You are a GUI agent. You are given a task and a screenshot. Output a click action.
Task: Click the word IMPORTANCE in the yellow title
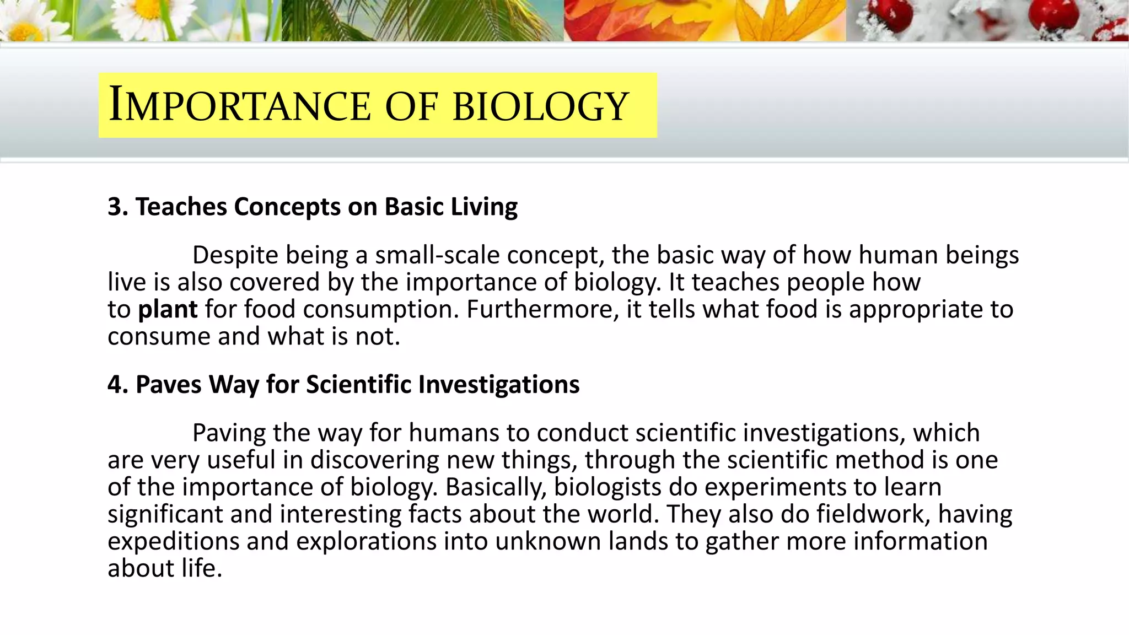pos(240,105)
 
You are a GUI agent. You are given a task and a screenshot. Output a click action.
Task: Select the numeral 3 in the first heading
pos(114,207)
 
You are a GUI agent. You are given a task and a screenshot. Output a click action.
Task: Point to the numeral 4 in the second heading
pos(115,384)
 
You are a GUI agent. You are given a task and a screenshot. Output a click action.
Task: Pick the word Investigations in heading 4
pos(499,385)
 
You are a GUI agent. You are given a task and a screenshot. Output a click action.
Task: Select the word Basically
pos(496,487)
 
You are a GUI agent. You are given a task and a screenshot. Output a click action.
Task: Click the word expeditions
pos(174,541)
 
